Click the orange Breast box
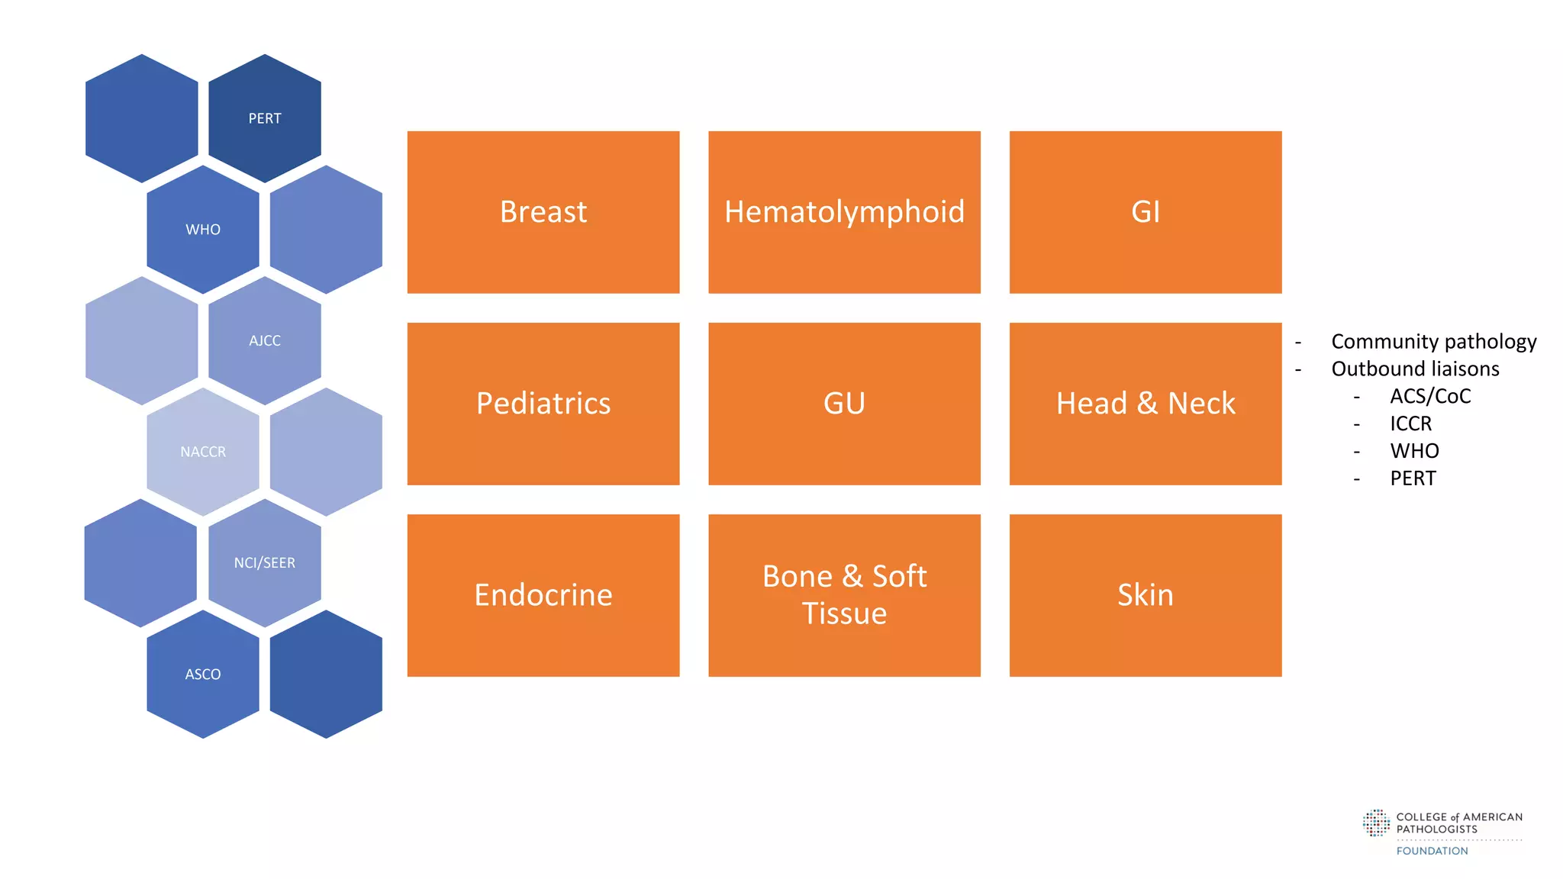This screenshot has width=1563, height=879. [543, 212]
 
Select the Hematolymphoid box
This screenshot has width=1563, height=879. [844, 212]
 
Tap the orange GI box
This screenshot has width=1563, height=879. [1145, 212]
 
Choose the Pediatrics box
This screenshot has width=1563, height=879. [543, 404]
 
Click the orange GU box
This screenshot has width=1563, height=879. [844, 404]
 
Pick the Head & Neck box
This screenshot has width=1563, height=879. [1145, 404]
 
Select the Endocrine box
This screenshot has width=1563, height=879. [543, 595]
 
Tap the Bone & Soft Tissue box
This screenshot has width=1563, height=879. [844, 595]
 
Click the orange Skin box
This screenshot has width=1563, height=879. [1145, 595]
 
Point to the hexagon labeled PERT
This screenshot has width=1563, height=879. [265, 118]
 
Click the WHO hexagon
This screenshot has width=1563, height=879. [203, 230]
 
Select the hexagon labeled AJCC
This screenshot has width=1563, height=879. [265, 340]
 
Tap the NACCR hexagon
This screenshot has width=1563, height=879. [203, 452]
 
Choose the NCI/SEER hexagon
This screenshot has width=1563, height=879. [265, 563]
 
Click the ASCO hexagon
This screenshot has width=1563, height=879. [203, 675]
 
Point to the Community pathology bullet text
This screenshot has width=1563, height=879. [1433, 341]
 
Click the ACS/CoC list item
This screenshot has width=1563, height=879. [1430, 396]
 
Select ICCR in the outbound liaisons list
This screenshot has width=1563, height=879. [1410, 423]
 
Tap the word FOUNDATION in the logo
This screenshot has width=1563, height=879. [1432, 851]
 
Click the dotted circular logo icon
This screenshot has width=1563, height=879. [1376, 823]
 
